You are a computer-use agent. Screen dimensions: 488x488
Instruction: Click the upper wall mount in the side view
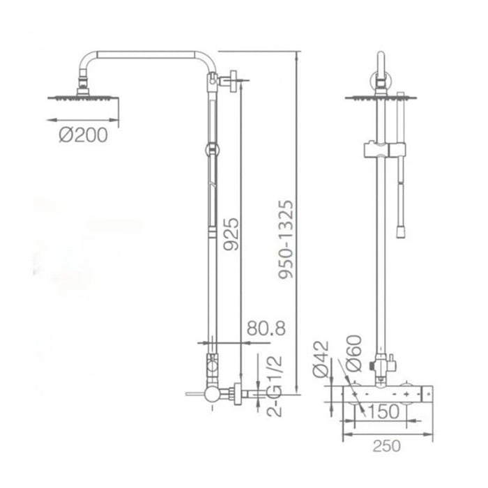click(x=223, y=82)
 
